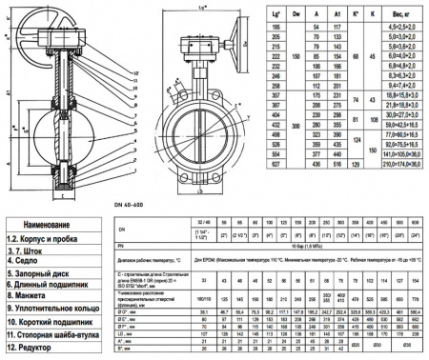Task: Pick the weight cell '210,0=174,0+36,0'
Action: (398, 190)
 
